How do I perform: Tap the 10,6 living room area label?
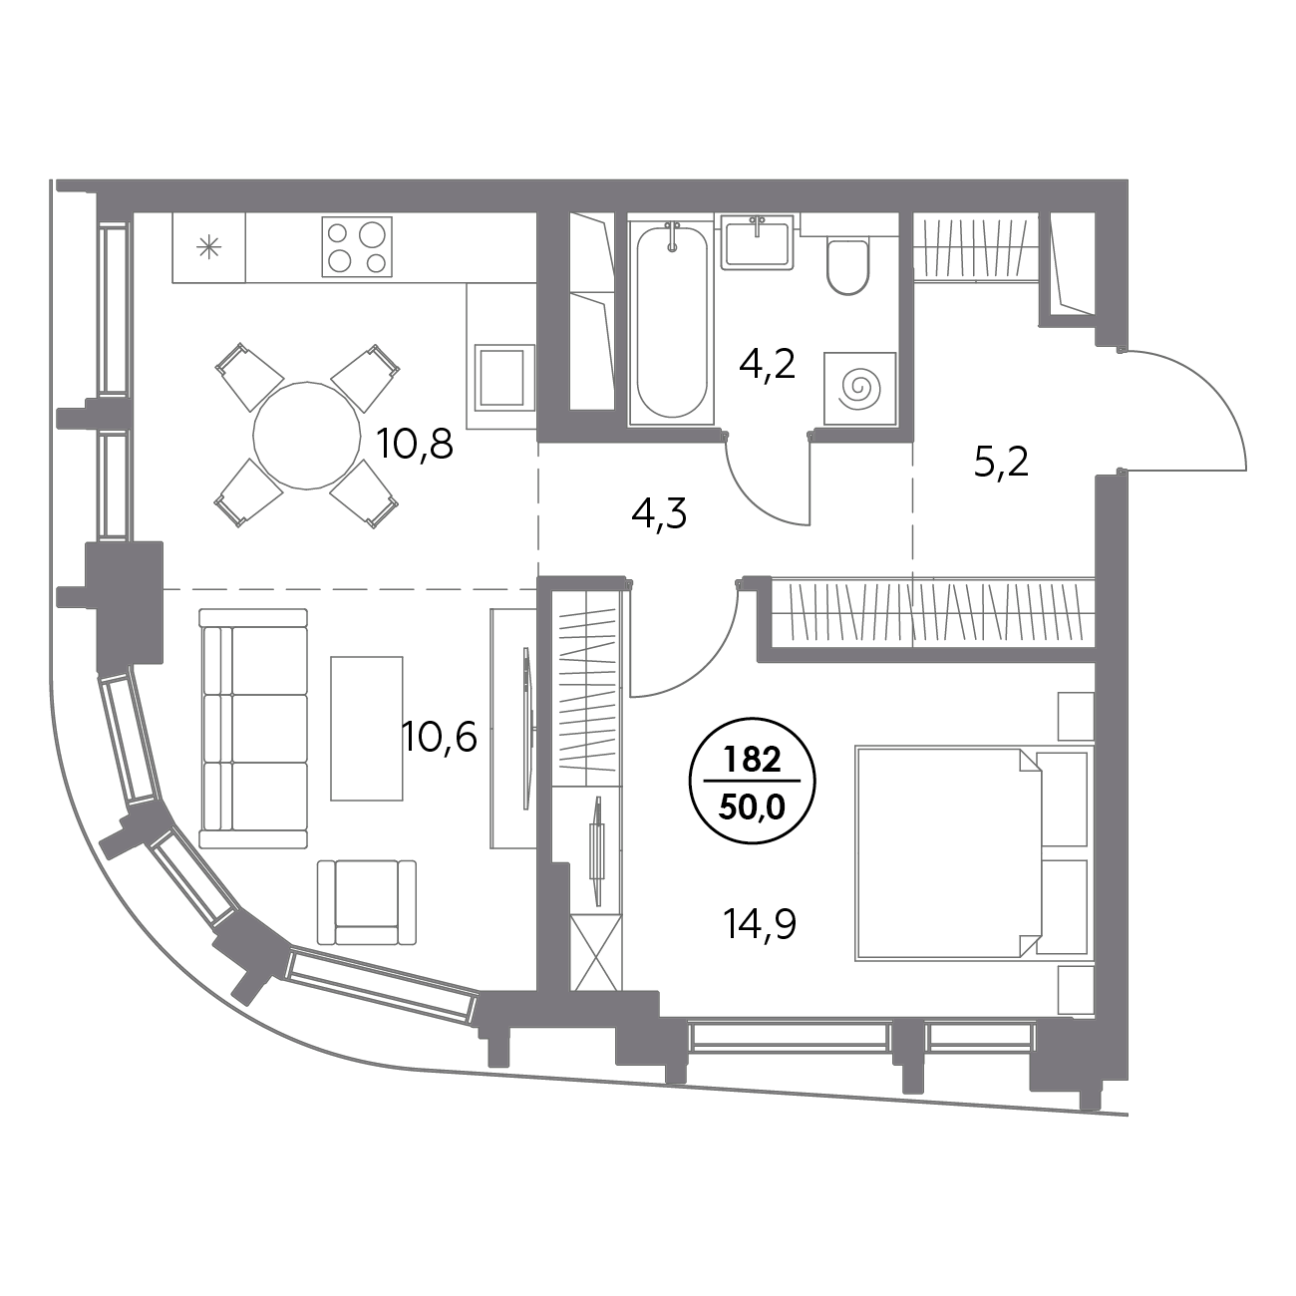click(440, 739)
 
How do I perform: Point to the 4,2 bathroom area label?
click(767, 366)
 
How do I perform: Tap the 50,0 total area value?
click(753, 806)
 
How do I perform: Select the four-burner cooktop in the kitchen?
click(357, 246)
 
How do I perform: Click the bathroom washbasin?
click(758, 240)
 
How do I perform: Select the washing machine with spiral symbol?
click(859, 385)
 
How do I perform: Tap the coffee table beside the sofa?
click(367, 728)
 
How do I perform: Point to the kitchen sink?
click(500, 377)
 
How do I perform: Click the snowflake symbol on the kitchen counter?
click(209, 248)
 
